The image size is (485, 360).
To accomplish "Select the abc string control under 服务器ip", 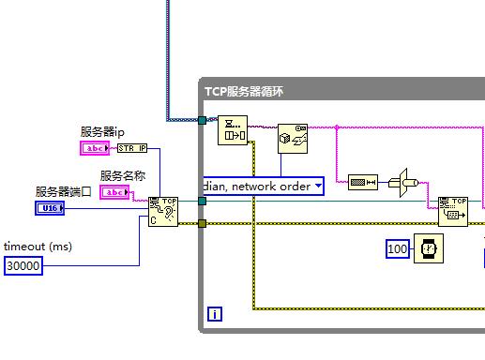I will tap(96, 148).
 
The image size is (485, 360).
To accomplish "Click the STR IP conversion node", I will tap(132, 148).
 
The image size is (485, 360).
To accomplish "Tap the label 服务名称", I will tap(123, 175).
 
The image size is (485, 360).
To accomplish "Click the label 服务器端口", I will tap(65, 191).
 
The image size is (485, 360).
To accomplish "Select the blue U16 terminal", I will tap(50, 208).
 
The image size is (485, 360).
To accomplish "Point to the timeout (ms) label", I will tap(38, 246).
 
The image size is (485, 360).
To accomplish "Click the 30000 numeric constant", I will tap(23, 265).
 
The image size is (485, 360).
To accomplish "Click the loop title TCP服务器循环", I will tap(244, 91).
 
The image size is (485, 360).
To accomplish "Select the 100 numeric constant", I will tap(398, 248).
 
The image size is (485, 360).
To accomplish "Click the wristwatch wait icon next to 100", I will tap(428, 248).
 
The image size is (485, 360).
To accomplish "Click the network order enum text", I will tap(255, 187).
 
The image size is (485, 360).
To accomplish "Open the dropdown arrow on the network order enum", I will tap(317, 187).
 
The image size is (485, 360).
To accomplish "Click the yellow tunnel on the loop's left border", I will tap(202, 223).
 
